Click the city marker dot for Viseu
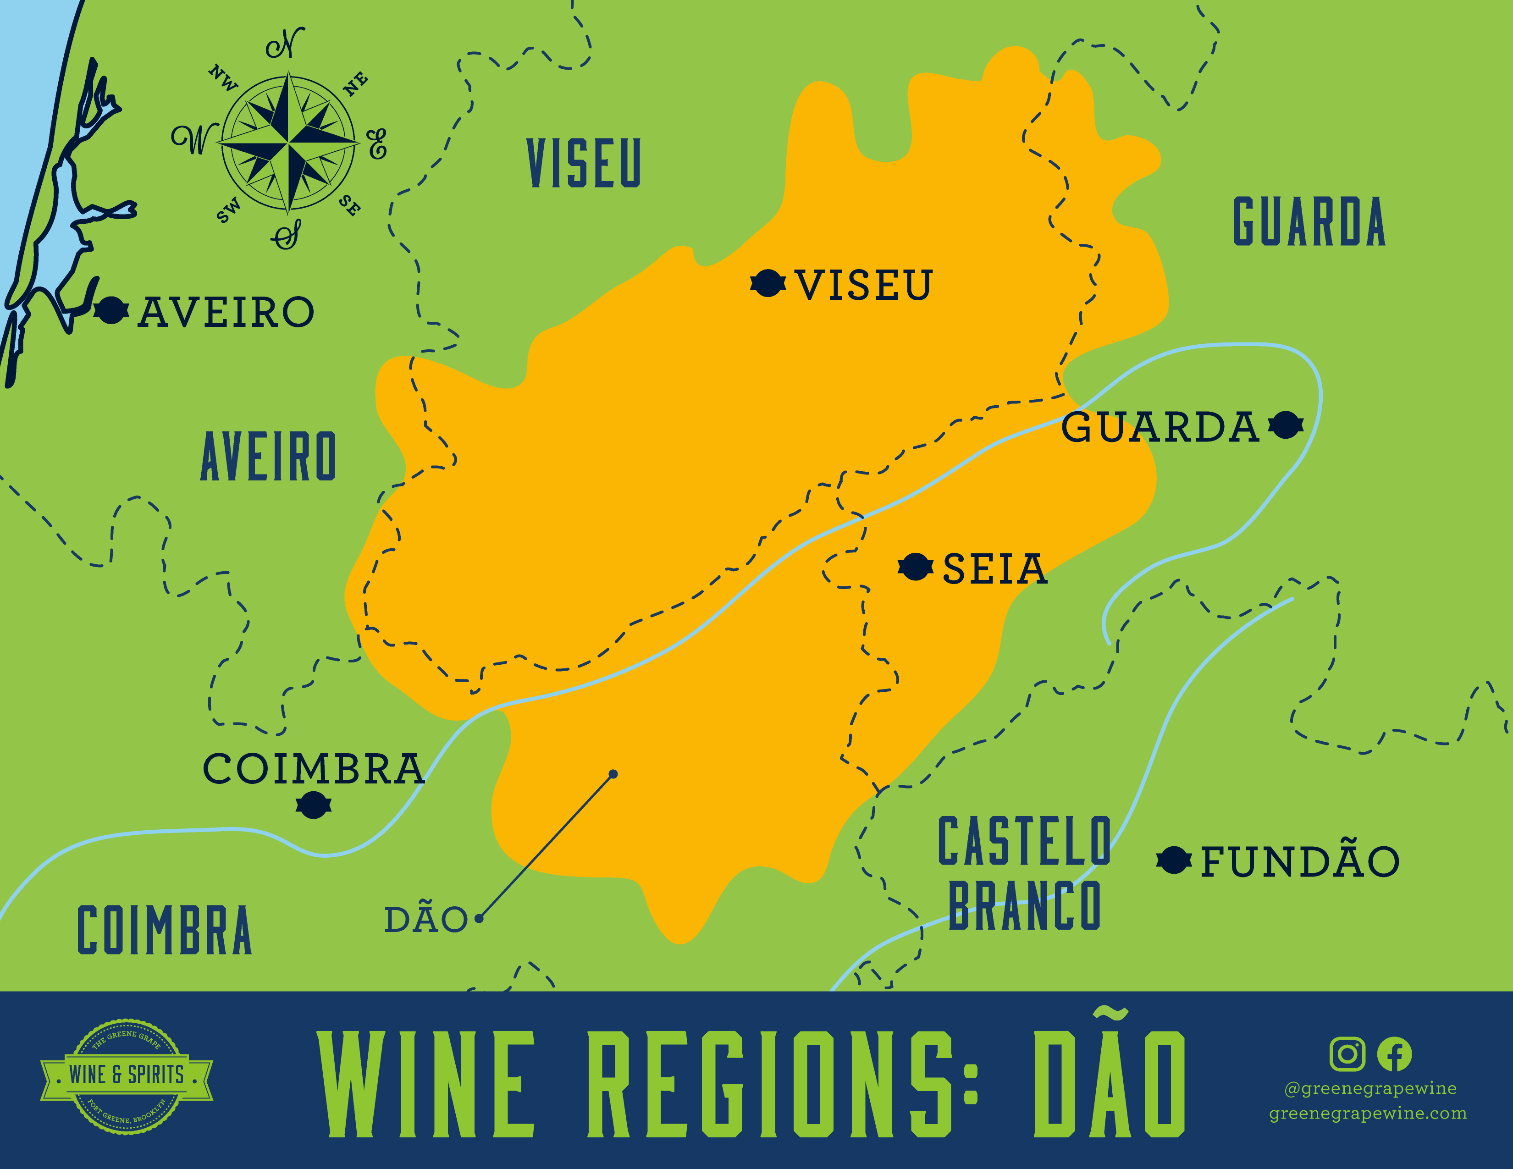click(768, 283)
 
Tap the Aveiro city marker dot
click(111, 310)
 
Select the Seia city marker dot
click(915, 567)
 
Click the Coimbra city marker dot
click(313, 805)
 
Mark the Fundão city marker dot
click(1174, 860)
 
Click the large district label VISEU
click(584, 164)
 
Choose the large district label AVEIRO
click(269, 457)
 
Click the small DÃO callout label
click(425, 920)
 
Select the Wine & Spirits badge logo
click(127, 1075)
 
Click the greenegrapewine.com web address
click(1368, 1113)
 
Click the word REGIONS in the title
click(783, 1085)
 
